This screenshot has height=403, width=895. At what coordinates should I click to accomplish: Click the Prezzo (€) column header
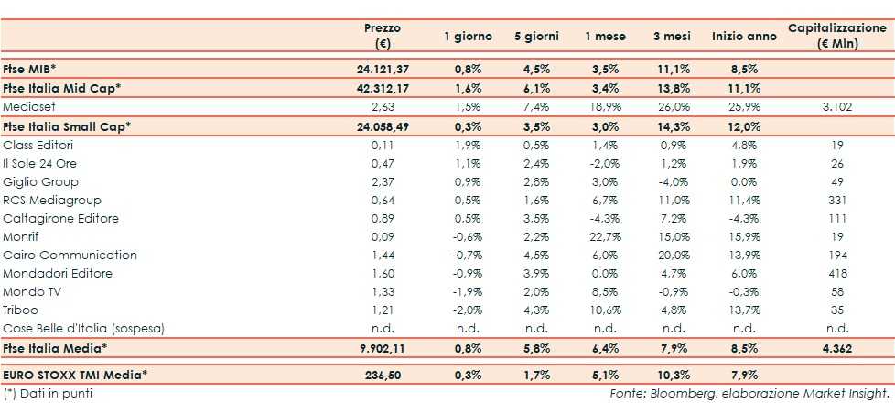(x=382, y=36)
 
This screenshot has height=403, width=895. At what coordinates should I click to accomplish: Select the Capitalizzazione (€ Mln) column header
(x=837, y=36)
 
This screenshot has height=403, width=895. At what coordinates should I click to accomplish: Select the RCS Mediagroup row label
(x=52, y=200)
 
